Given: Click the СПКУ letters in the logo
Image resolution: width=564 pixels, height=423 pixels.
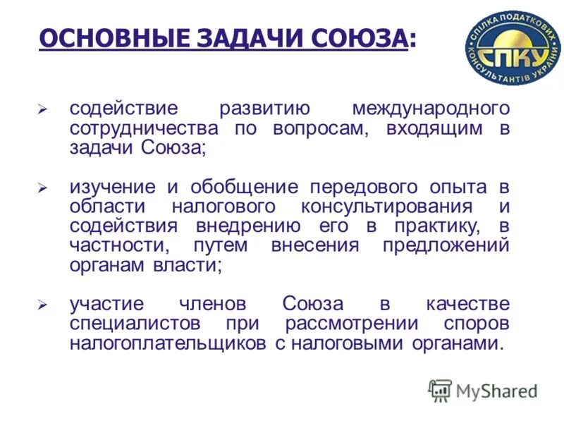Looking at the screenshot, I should click(513, 53).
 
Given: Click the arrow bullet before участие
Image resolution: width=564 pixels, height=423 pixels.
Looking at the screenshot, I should click(42, 306).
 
